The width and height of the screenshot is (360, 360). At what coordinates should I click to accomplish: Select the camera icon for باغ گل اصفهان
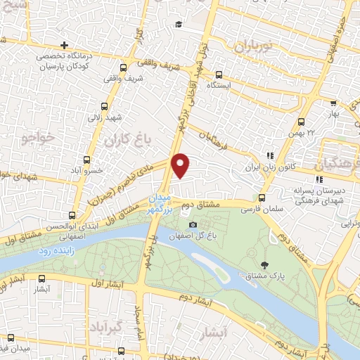click(193, 224)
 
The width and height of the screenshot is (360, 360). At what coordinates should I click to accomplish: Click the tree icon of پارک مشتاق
click(264, 265)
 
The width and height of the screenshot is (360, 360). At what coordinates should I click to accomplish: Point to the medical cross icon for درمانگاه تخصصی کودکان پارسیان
click(64, 44)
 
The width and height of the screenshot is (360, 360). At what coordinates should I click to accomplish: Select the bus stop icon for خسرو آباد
click(87, 160)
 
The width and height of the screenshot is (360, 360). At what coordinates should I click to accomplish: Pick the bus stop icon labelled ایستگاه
click(219, 74)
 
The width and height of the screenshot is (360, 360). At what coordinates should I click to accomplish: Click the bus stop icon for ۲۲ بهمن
click(302, 122)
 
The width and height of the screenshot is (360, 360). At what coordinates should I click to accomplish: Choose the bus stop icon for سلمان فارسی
click(262, 198)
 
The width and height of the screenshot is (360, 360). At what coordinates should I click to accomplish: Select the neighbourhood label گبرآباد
click(108, 327)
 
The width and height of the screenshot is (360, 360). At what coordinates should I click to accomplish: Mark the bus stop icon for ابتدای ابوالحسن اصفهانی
click(72, 216)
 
